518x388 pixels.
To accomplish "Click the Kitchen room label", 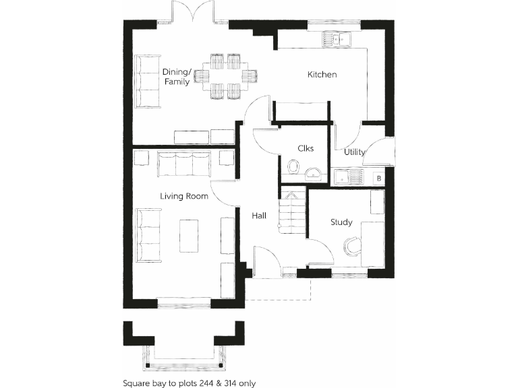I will coord(322,75).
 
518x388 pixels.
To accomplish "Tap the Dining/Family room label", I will coord(177,77).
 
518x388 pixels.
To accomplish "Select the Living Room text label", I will coord(184,197).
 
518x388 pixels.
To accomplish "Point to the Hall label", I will coord(259,216).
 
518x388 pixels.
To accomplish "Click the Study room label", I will coord(341,222).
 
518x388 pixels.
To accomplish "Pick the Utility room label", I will coord(355,152).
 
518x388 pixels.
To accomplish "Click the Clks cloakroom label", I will coord(305,148).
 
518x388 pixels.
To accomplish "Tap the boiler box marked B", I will coord(378,179).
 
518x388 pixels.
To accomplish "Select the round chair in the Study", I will coord(351,247).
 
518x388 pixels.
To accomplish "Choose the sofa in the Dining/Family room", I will coord(146,81).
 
